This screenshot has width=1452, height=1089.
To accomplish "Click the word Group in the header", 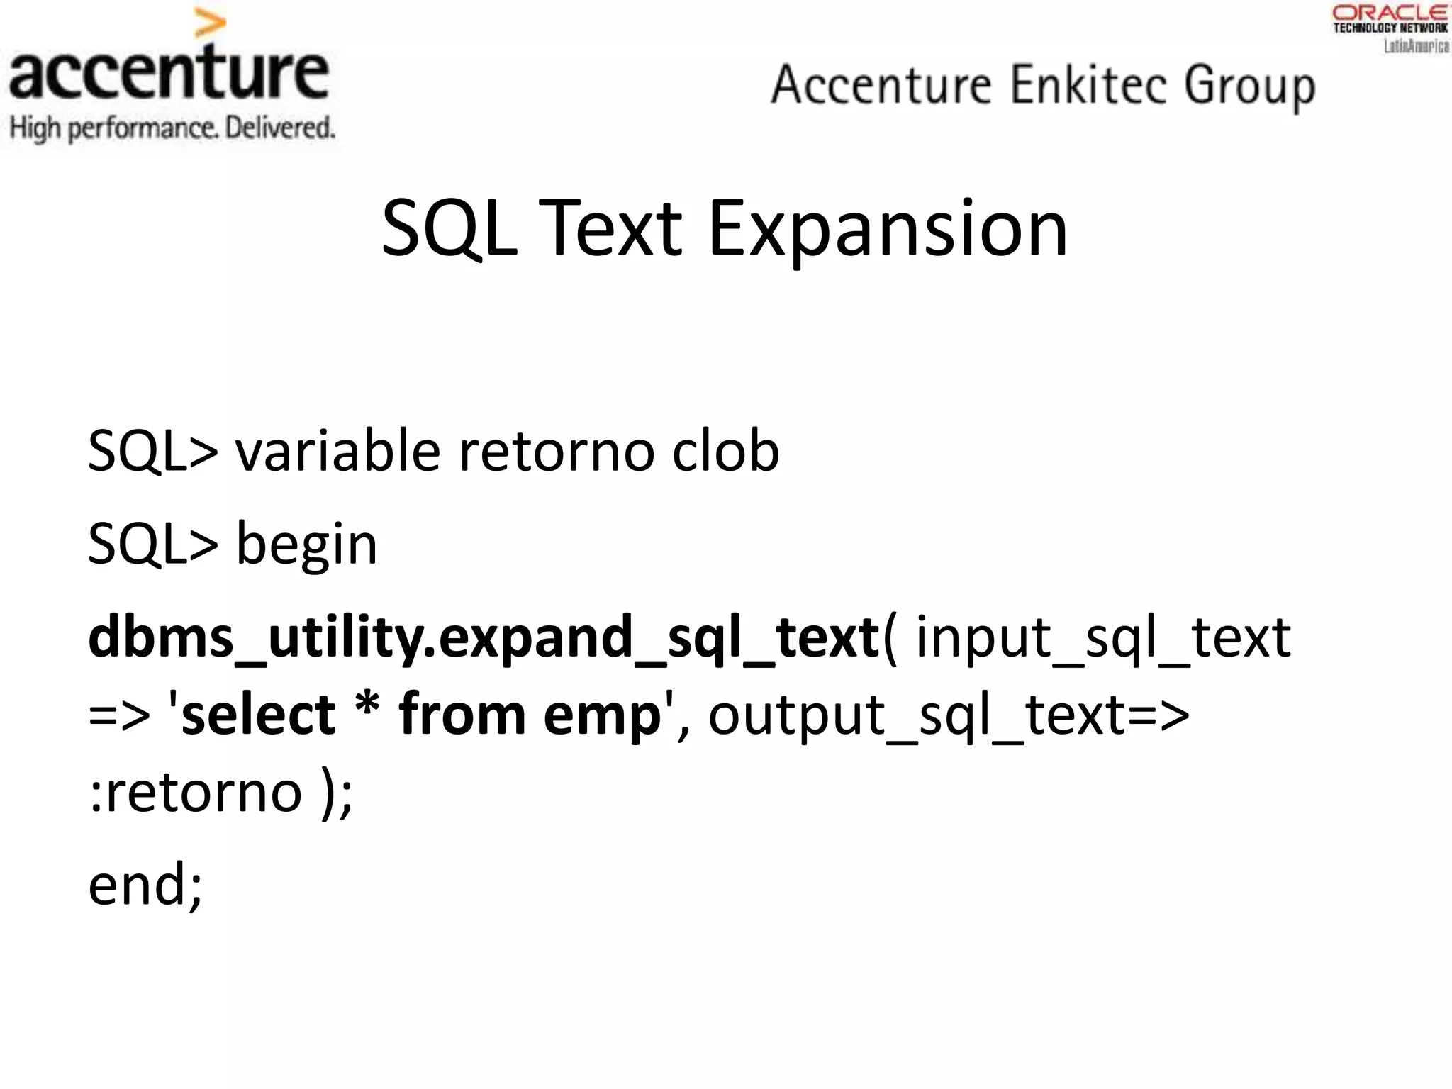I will [1249, 86].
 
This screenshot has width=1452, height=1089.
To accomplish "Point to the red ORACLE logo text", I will [1390, 12].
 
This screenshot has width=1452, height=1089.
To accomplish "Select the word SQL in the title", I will [449, 229].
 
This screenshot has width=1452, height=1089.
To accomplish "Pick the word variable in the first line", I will [338, 452].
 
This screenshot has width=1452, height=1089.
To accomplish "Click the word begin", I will [306, 544].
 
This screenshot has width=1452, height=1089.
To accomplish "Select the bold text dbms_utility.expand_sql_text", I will [484, 637].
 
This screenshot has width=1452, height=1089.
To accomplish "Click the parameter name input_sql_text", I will [1102, 637].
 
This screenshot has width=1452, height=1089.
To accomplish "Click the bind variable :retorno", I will [196, 793].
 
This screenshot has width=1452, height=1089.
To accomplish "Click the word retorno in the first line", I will [555, 452].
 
